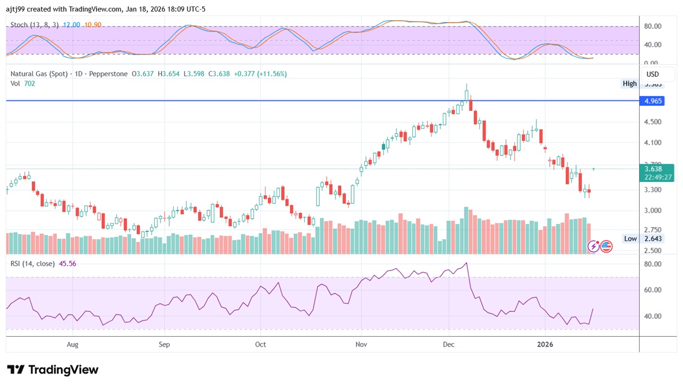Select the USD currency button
(x=653, y=75)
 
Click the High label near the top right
(x=629, y=84)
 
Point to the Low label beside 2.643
(x=630, y=239)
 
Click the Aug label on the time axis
(x=72, y=345)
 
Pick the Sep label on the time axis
(x=164, y=345)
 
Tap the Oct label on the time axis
(x=260, y=345)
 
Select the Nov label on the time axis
(x=361, y=345)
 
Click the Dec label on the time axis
(x=449, y=345)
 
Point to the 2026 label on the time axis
(x=545, y=345)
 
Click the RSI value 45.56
(x=68, y=263)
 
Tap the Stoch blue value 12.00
(x=71, y=25)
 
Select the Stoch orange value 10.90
(x=92, y=25)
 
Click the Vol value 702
(x=28, y=83)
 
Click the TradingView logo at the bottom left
(x=53, y=370)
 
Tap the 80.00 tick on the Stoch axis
(x=652, y=27)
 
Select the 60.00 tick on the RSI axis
(x=652, y=290)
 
